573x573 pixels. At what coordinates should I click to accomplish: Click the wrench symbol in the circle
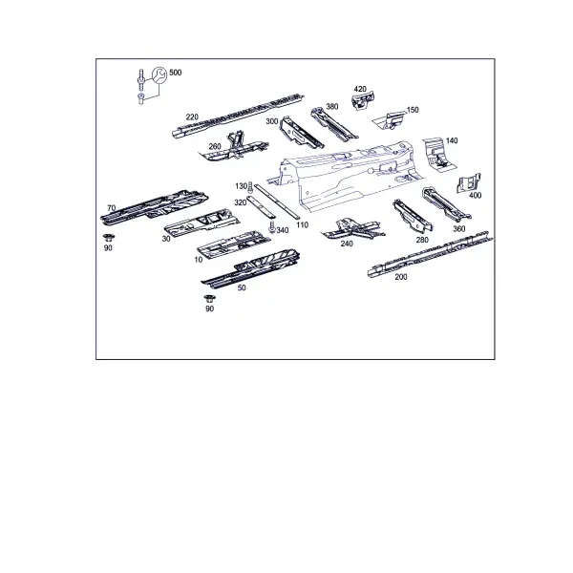click(159, 74)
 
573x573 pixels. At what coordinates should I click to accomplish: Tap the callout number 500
click(176, 73)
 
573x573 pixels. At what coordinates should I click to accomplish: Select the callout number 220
click(192, 117)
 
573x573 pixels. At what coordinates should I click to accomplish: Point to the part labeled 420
click(364, 100)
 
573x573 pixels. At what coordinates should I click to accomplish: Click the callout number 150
click(413, 110)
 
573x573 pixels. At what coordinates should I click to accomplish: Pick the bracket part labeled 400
click(469, 182)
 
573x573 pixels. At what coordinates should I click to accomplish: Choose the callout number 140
click(452, 140)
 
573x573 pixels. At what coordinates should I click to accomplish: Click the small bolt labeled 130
click(250, 187)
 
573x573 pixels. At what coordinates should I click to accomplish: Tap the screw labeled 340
click(271, 227)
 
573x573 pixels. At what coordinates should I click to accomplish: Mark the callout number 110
click(302, 224)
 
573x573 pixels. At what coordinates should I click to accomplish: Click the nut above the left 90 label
click(108, 238)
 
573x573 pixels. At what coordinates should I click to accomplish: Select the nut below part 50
click(209, 299)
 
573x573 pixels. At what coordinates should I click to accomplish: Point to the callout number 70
click(112, 208)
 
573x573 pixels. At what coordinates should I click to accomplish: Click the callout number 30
click(166, 239)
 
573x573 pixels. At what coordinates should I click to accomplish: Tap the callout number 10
click(199, 260)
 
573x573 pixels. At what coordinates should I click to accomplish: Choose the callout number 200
click(401, 277)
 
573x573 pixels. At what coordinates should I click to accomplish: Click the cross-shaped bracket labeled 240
click(352, 229)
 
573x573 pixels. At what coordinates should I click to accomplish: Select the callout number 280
click(422, 240)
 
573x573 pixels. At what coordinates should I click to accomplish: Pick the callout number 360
click(459, 229)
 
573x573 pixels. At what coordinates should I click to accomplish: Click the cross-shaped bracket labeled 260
click(235, 148)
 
